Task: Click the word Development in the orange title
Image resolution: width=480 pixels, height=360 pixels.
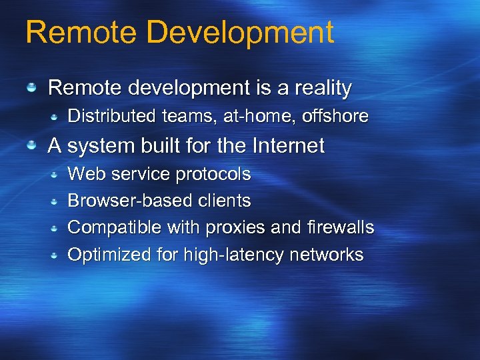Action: click(245, 33)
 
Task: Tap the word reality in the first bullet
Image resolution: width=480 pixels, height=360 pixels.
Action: click(317, 88)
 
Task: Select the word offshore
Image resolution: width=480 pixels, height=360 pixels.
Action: click(335, 116)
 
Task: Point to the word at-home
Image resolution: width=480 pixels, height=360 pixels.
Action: click(260, 116)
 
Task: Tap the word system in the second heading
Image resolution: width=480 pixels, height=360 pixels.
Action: click(99, 145)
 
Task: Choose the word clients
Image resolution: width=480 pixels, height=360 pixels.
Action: click(225, 201)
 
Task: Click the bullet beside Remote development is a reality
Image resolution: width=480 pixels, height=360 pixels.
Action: click(31, 88)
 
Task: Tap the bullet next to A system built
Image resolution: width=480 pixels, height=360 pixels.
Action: click(31, 145)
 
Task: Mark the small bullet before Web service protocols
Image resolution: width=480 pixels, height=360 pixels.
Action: click(57, 175)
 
